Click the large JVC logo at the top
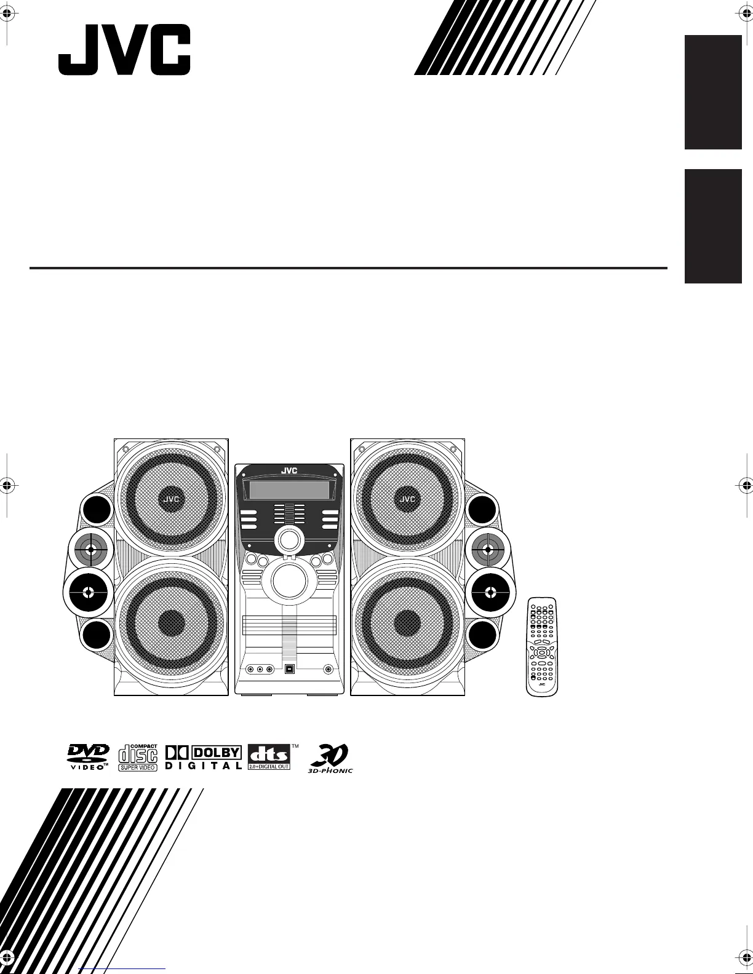tap(124, 50)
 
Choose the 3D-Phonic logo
tap(330, 758)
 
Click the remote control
tap(542, 646)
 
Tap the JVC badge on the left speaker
tap(171, 499)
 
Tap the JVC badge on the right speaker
tap(407, 499)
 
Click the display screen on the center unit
tap(289, 491)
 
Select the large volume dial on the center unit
tap(289, 580)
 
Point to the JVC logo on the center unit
tap(289, 471)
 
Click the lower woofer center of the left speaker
tap(172, 624)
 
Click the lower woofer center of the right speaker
tap(407, 624)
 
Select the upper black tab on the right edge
tap(713, 92)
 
